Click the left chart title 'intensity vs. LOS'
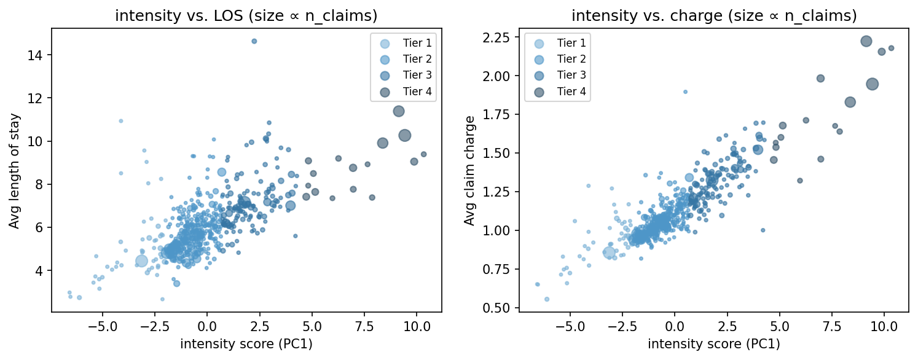coord(246,17)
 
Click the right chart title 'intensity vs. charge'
coord(713,17)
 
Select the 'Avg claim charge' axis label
coord(469,171)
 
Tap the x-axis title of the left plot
coord(246,345)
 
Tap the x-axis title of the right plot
coord(713,345)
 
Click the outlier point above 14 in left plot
coord(254,41)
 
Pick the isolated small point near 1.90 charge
coord(685,92)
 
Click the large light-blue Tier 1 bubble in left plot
coord(141,260)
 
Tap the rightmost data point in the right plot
coord(891,48)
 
